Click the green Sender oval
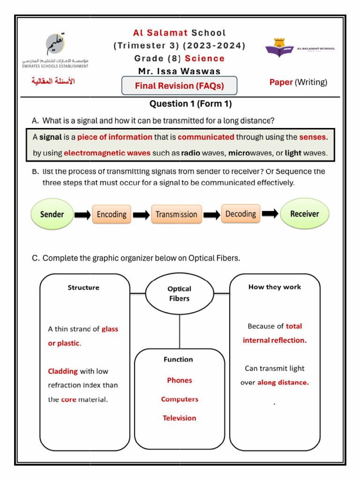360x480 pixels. tap(52, 214)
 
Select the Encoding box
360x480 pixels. tap(112, 214)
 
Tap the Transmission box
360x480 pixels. tap(176, 214)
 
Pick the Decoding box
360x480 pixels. tap(240, 214)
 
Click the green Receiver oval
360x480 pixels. tap(305, 214)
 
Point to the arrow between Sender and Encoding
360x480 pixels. tap(83, 215)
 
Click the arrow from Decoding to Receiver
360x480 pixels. tap(270, 214)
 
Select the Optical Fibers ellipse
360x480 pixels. tap(179, 293)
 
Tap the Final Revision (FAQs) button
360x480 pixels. tap(180, 86)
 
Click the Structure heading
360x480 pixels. tap(83, 287)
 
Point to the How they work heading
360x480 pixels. tap(275, 287)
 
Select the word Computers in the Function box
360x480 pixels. tap(180, 399)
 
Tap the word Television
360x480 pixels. tap(180, 418)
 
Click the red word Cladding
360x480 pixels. tap(63, 371)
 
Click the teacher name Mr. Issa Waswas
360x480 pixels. tap(180, 71)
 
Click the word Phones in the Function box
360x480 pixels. tap(180, 380)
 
